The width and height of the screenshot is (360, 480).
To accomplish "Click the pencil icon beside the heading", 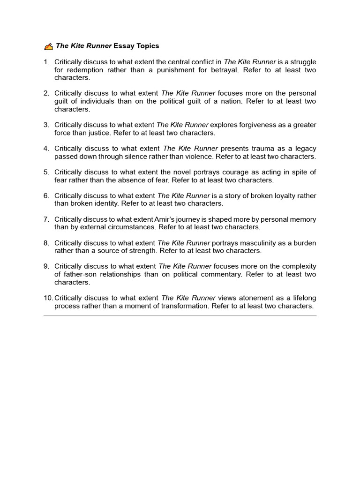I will tap(48, 46).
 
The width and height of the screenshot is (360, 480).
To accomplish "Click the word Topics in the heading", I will tap(147, 46).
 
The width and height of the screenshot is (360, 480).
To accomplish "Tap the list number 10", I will tap(48, 298).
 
